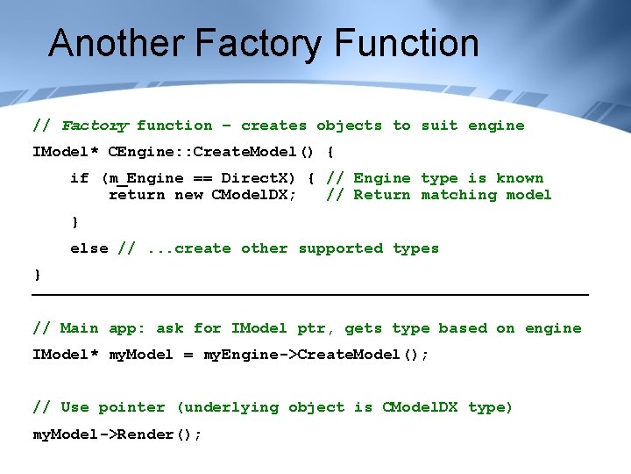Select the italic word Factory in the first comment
95,126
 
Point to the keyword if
80,178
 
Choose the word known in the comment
520,178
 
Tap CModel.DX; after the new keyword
254,195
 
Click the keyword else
89,248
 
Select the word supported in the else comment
340,248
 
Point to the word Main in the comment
80,328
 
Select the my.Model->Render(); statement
117,434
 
